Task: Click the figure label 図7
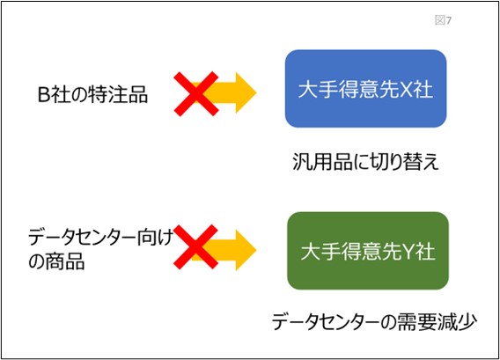(444, 20)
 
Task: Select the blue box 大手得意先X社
(365, 89)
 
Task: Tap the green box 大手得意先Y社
(368, 251)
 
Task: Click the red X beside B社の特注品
(196, 94)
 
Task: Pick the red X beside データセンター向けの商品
(196, 246)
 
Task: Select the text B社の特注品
(92, 94)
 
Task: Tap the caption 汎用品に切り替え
(365, 162)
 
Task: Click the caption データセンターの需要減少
(374, 322)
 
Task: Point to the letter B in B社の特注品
(43, 95)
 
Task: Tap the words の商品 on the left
(56, 261)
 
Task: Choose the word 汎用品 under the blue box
(320, 162)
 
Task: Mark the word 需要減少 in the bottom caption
(440, 322)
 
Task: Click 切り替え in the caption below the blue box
(403, 162)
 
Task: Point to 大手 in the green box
(320, 252)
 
